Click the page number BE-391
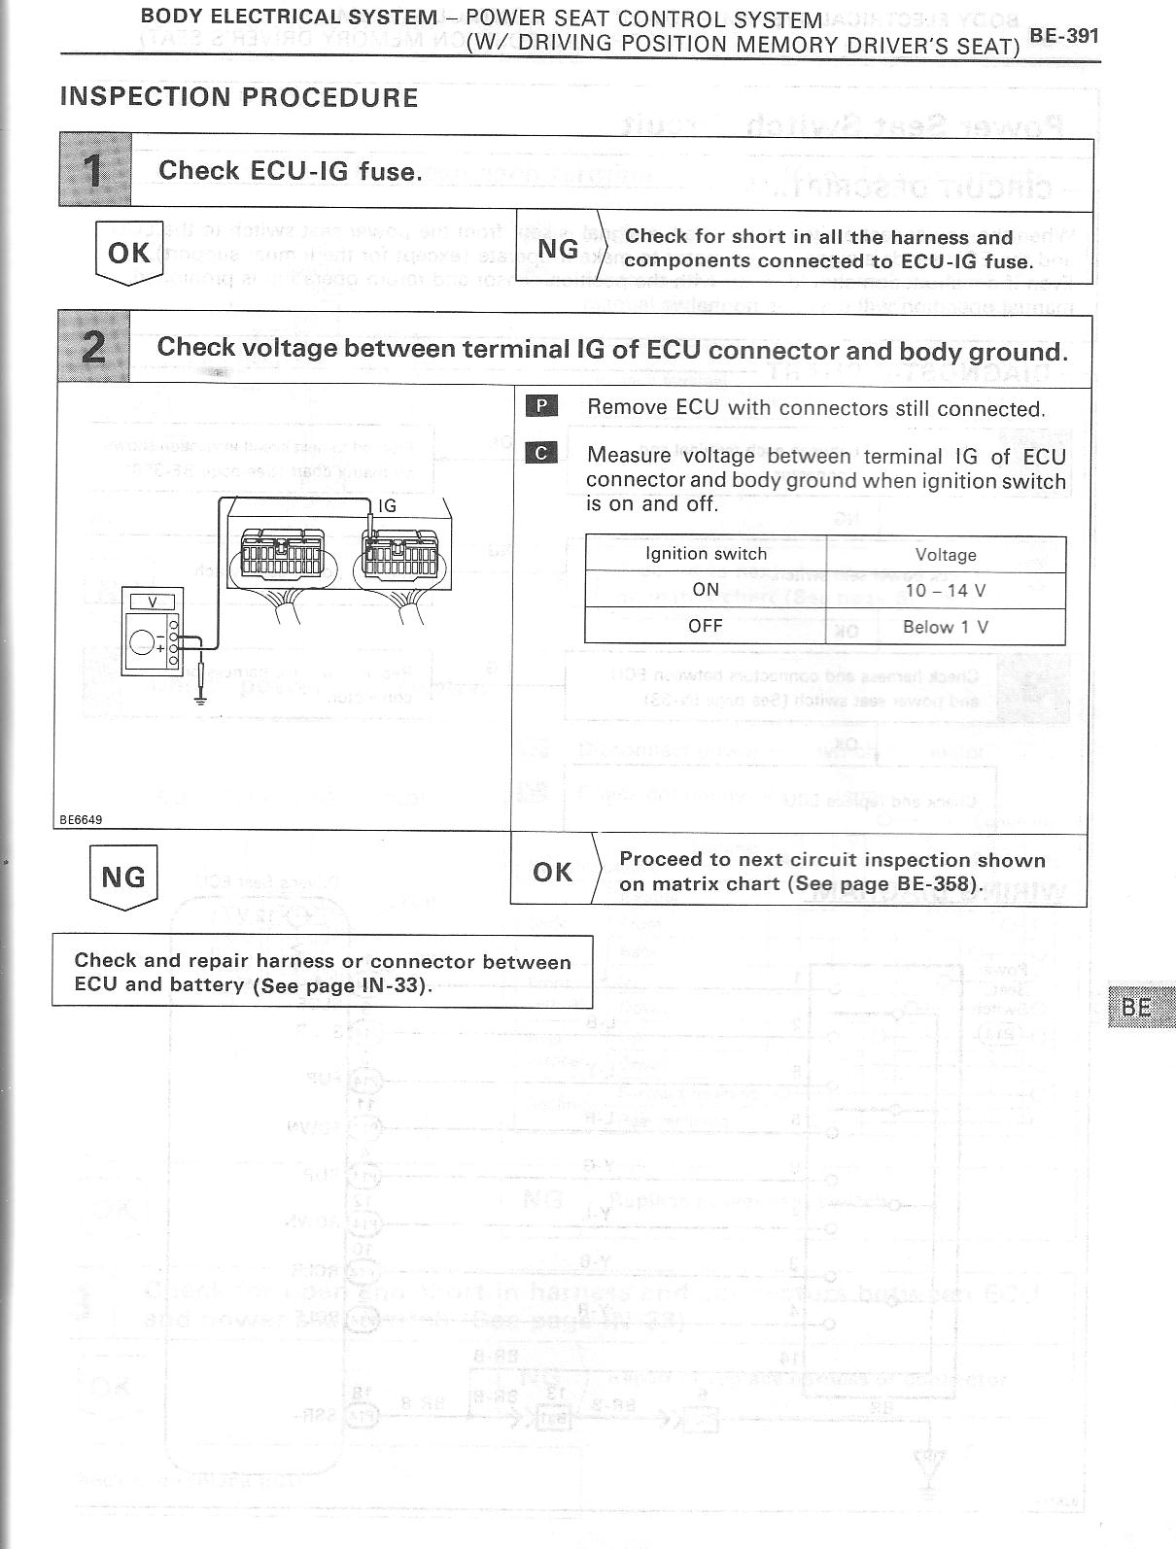(1064, 37)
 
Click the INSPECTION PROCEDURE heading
(239, 98)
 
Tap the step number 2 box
(94, 347)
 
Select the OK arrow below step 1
(129, 253)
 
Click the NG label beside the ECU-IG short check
(558, 249)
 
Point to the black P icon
(541, 406)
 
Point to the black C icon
(541, 453)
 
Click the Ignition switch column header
(706, 554)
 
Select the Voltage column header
(946, 555)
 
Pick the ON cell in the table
(706, 590)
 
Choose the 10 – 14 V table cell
(946, 590)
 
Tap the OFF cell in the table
(706, 626)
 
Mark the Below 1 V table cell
(946, 627)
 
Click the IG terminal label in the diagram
(387, 505)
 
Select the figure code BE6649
(82, 819)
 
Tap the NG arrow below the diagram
(123, 878)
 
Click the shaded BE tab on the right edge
(1138, 1007)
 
